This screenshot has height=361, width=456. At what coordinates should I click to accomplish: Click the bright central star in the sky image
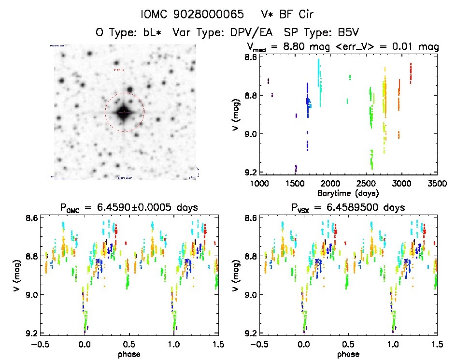pyautogui.click(x=124, y=112)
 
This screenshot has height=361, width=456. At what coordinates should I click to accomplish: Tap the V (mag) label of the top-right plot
pyautogui.click(x=235, y=115)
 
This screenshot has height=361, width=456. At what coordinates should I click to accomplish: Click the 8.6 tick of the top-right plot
pyautogui.click(x=250, y=57)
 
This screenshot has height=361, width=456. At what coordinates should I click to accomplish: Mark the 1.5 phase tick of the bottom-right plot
pyautogui.click(x=437, y=344)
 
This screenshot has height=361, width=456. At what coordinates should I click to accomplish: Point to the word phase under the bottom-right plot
pyautogui.click(x=348, y=354)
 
